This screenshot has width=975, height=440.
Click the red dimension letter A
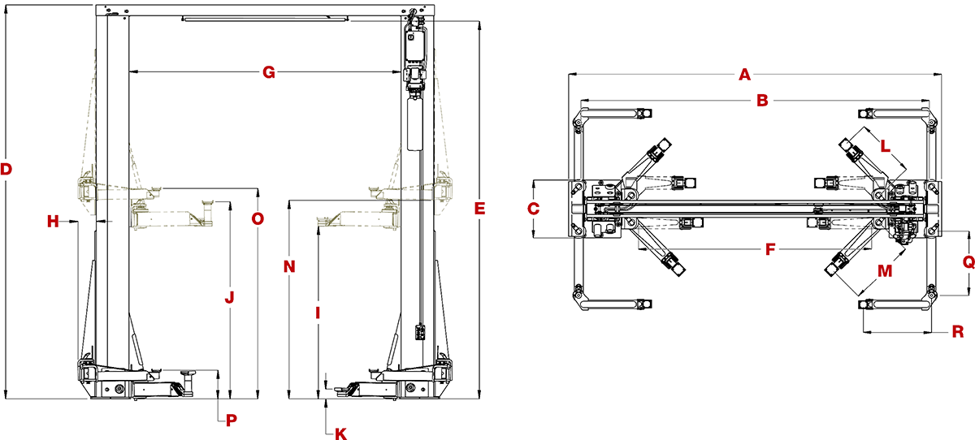click(743, 75)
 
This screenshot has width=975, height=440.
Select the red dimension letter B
click(762, 101)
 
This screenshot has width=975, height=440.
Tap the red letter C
click(533, 209)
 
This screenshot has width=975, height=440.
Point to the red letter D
click(6, 170)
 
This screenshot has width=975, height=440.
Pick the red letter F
click(769, 249)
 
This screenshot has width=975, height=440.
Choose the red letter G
click(268, 73)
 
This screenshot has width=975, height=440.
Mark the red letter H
click(53, 221)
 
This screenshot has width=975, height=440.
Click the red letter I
click(318, 312)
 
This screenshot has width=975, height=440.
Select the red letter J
click(229, 298)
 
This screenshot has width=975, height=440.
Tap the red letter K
click(341, 434)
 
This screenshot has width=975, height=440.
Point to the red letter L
click(885, 149)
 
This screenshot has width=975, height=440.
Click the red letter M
click(885, 270)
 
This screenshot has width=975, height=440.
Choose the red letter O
click(257, 219)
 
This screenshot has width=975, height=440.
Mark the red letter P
click(231, 420)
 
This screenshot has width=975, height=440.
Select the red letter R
click(957, 331)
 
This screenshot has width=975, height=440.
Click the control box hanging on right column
click(420, 331)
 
